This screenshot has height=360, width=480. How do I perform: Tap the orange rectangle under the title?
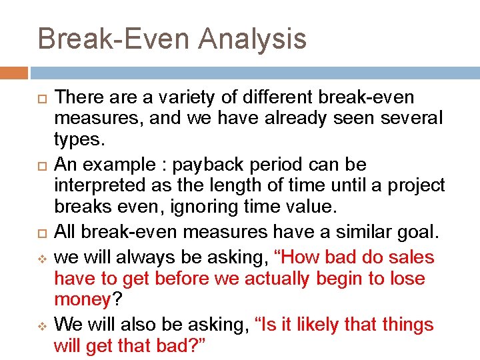tap(14, 73)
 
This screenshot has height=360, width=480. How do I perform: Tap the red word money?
tap(82, 300)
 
